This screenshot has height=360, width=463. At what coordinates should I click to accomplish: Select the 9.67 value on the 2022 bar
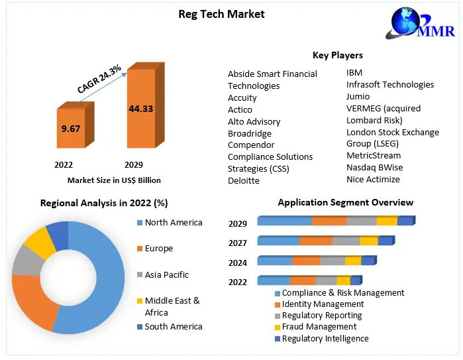coord(70,129)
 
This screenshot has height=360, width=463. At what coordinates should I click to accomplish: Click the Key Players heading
coord(337,55)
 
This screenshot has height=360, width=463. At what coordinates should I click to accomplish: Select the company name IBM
coord(354,72)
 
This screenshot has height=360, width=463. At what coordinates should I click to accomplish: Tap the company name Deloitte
coord(244,180)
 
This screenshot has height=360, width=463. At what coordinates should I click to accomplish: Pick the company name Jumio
coord(358,96)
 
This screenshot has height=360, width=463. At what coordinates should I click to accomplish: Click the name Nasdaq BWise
coord(374,167)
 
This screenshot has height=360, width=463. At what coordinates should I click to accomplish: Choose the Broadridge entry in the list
coord(250,133)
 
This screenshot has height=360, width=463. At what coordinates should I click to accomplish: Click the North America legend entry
coord(173,222)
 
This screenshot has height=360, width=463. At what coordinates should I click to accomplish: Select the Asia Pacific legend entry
coord(166,274)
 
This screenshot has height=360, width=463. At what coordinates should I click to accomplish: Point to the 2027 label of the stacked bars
coord(238,243)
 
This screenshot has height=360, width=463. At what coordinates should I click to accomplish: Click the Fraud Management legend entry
coord(319,326)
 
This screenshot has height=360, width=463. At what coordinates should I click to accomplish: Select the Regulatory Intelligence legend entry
coord(325,338)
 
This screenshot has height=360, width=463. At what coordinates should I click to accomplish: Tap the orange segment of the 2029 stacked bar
coord(329,221)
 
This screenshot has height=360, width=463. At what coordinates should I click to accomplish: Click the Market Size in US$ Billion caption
coord(114,180)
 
